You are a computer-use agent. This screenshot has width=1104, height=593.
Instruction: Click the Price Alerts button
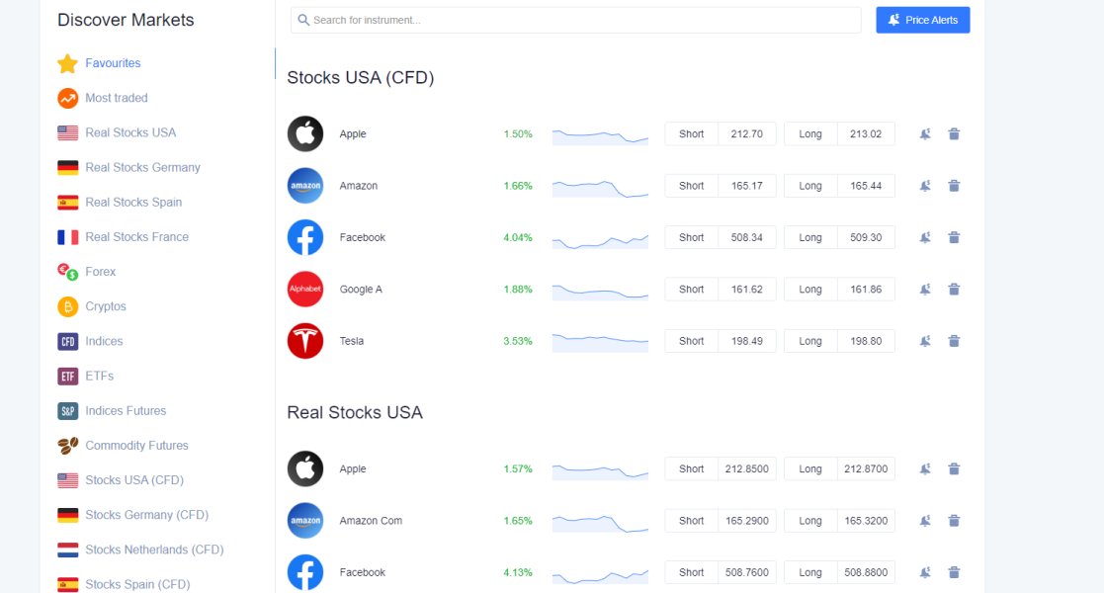click(x=922, y=20)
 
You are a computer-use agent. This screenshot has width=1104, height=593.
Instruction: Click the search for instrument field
click(x=576, y=20)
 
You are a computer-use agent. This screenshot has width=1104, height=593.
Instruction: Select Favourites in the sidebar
click(x=113, y=63)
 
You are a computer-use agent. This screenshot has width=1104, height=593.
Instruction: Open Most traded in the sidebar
click(x=116, y=98)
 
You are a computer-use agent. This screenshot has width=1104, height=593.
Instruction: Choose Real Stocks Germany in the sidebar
click(x=142, y=168)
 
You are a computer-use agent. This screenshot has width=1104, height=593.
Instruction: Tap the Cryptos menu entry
click(x=105, y=306)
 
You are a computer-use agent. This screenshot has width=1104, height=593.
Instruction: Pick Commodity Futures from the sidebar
click(x=136, y=446)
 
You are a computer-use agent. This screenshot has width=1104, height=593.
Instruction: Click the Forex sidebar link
click(x=100, y=272)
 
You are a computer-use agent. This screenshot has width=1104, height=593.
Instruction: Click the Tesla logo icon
click(x=305, y=341)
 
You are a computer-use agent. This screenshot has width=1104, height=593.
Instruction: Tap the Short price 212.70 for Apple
click(x=746, y=133)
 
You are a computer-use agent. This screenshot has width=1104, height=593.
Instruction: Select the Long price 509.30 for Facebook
click(x=865, y=237)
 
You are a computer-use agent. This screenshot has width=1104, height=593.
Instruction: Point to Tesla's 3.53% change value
click(x=518, y=341)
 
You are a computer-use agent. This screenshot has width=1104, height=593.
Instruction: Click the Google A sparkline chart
click(x=600, y=290)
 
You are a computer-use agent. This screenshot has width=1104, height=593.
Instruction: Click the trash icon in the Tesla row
click(x=954, y=341)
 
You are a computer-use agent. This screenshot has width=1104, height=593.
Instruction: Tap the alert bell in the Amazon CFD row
click(x=925, y=186)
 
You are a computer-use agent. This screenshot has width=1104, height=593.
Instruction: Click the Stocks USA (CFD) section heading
click(x=360, y=77)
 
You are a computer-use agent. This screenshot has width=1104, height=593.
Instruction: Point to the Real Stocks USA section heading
click(x=354, y=412)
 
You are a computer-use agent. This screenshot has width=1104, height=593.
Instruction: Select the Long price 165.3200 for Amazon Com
click(x=865, y=521)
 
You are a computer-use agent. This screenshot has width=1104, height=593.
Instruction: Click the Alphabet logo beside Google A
click(x=305, y=290)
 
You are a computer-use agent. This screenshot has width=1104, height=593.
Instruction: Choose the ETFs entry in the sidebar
click(x=99, y=377)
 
